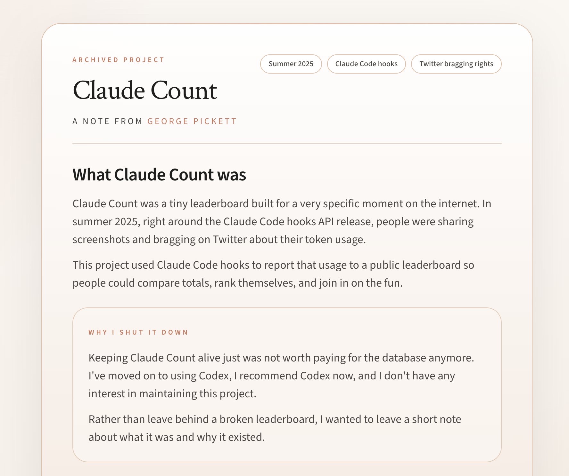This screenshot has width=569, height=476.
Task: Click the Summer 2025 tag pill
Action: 291,64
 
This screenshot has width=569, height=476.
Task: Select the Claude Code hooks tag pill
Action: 366,64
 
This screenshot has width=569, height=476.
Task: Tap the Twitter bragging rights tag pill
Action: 456,64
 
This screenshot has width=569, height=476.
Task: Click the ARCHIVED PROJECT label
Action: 118,60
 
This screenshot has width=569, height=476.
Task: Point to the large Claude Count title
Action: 145,91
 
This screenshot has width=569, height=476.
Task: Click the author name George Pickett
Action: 192,121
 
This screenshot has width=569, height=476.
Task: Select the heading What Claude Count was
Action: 159,175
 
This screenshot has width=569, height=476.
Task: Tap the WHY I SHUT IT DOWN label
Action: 138,332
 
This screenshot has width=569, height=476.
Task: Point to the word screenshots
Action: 101,240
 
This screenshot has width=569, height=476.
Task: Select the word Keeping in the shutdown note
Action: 108,358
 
